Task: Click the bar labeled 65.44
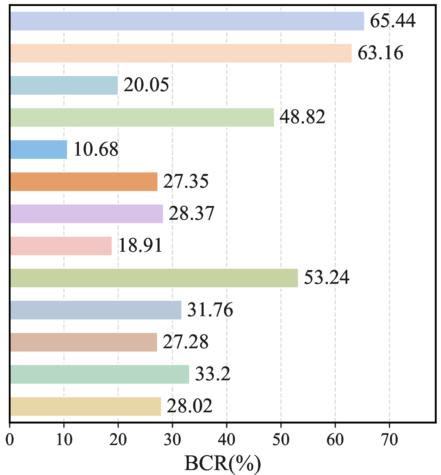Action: (x=187, y=21)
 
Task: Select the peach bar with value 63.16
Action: (x=181, y=53)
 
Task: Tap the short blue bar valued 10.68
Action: (x=38, y=150)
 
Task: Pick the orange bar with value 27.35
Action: (x=84, y=182)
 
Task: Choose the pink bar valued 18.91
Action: (x=61, y=246)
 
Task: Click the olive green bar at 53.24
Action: (x=154, y=278)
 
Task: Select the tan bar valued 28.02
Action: (x=86, y=406)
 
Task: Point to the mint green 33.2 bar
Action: (x=100, y=374)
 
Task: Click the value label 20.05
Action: (x=146, y=85)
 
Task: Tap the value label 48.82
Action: (x=303, y=117)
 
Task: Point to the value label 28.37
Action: (x=191, y=214)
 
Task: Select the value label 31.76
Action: (x=210, y=310)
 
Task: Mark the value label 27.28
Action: (x=186, y=342)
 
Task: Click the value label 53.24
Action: (x=327, y=278)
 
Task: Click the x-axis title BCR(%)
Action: (x=223, y=463)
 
